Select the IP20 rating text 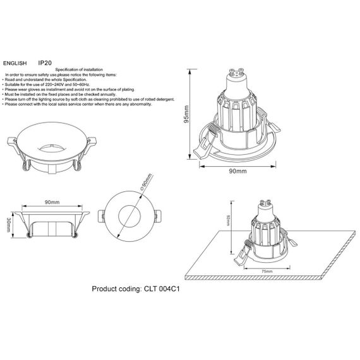(x=45, y=64)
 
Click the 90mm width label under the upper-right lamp (x=237, y=171)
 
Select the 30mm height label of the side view (x=8, y=224)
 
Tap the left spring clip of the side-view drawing (x=28, y=232)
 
